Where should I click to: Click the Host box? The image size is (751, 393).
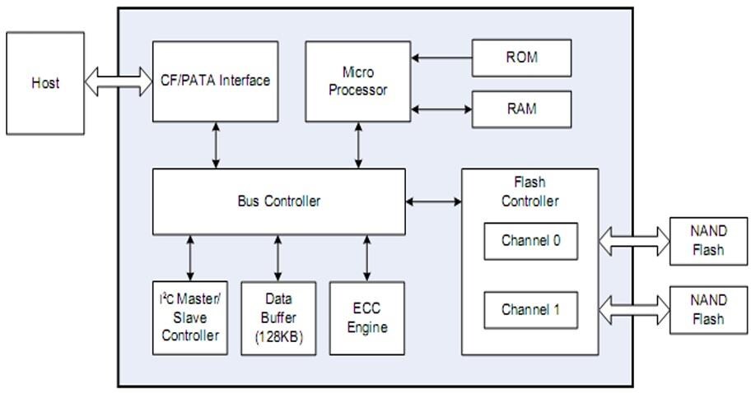point(45,83)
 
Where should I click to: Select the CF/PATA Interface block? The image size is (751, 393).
point(215,81)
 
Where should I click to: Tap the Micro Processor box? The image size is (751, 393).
point(357,81)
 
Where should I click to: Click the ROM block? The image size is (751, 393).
point(521,58)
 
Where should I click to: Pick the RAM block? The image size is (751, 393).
point(521,108)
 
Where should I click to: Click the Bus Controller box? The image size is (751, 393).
point(278,201)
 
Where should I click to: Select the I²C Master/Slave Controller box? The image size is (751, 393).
point(190,317)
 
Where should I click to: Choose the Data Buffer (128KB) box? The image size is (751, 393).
point(278,317)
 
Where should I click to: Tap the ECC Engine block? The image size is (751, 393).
point(366,317)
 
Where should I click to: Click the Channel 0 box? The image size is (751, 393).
point(530,241)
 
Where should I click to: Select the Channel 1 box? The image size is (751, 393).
point(530,310)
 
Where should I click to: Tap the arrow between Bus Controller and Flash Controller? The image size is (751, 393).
point(433,201)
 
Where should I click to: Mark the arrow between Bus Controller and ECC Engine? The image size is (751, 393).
point(366,257)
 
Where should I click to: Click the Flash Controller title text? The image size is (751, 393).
point(529,192)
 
